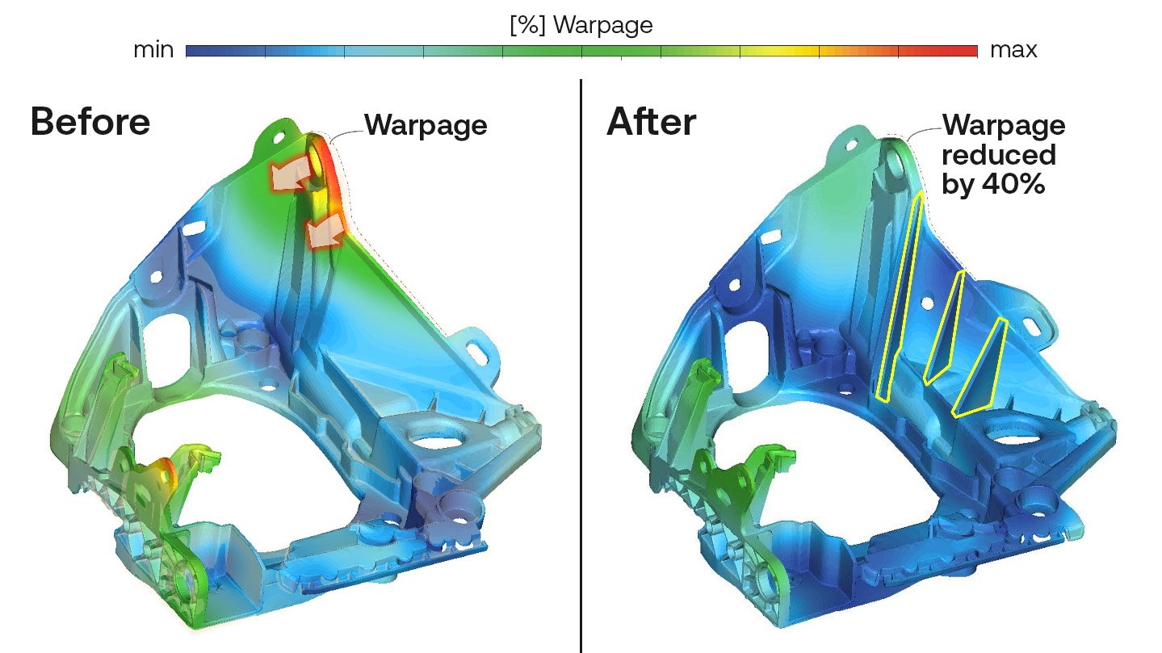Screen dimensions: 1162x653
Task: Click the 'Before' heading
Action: [90, 121]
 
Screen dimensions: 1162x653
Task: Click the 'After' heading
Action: [651, 122]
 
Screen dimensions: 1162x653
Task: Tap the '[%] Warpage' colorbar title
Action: [581, 25]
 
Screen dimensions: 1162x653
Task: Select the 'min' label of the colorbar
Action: [153, 50]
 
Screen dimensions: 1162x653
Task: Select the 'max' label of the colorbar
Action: [1013, 50]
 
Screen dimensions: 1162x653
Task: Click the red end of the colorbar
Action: [965, 51]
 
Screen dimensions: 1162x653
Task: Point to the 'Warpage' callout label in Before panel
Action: [426, 125]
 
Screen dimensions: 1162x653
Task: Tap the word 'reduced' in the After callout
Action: [999, 154]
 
